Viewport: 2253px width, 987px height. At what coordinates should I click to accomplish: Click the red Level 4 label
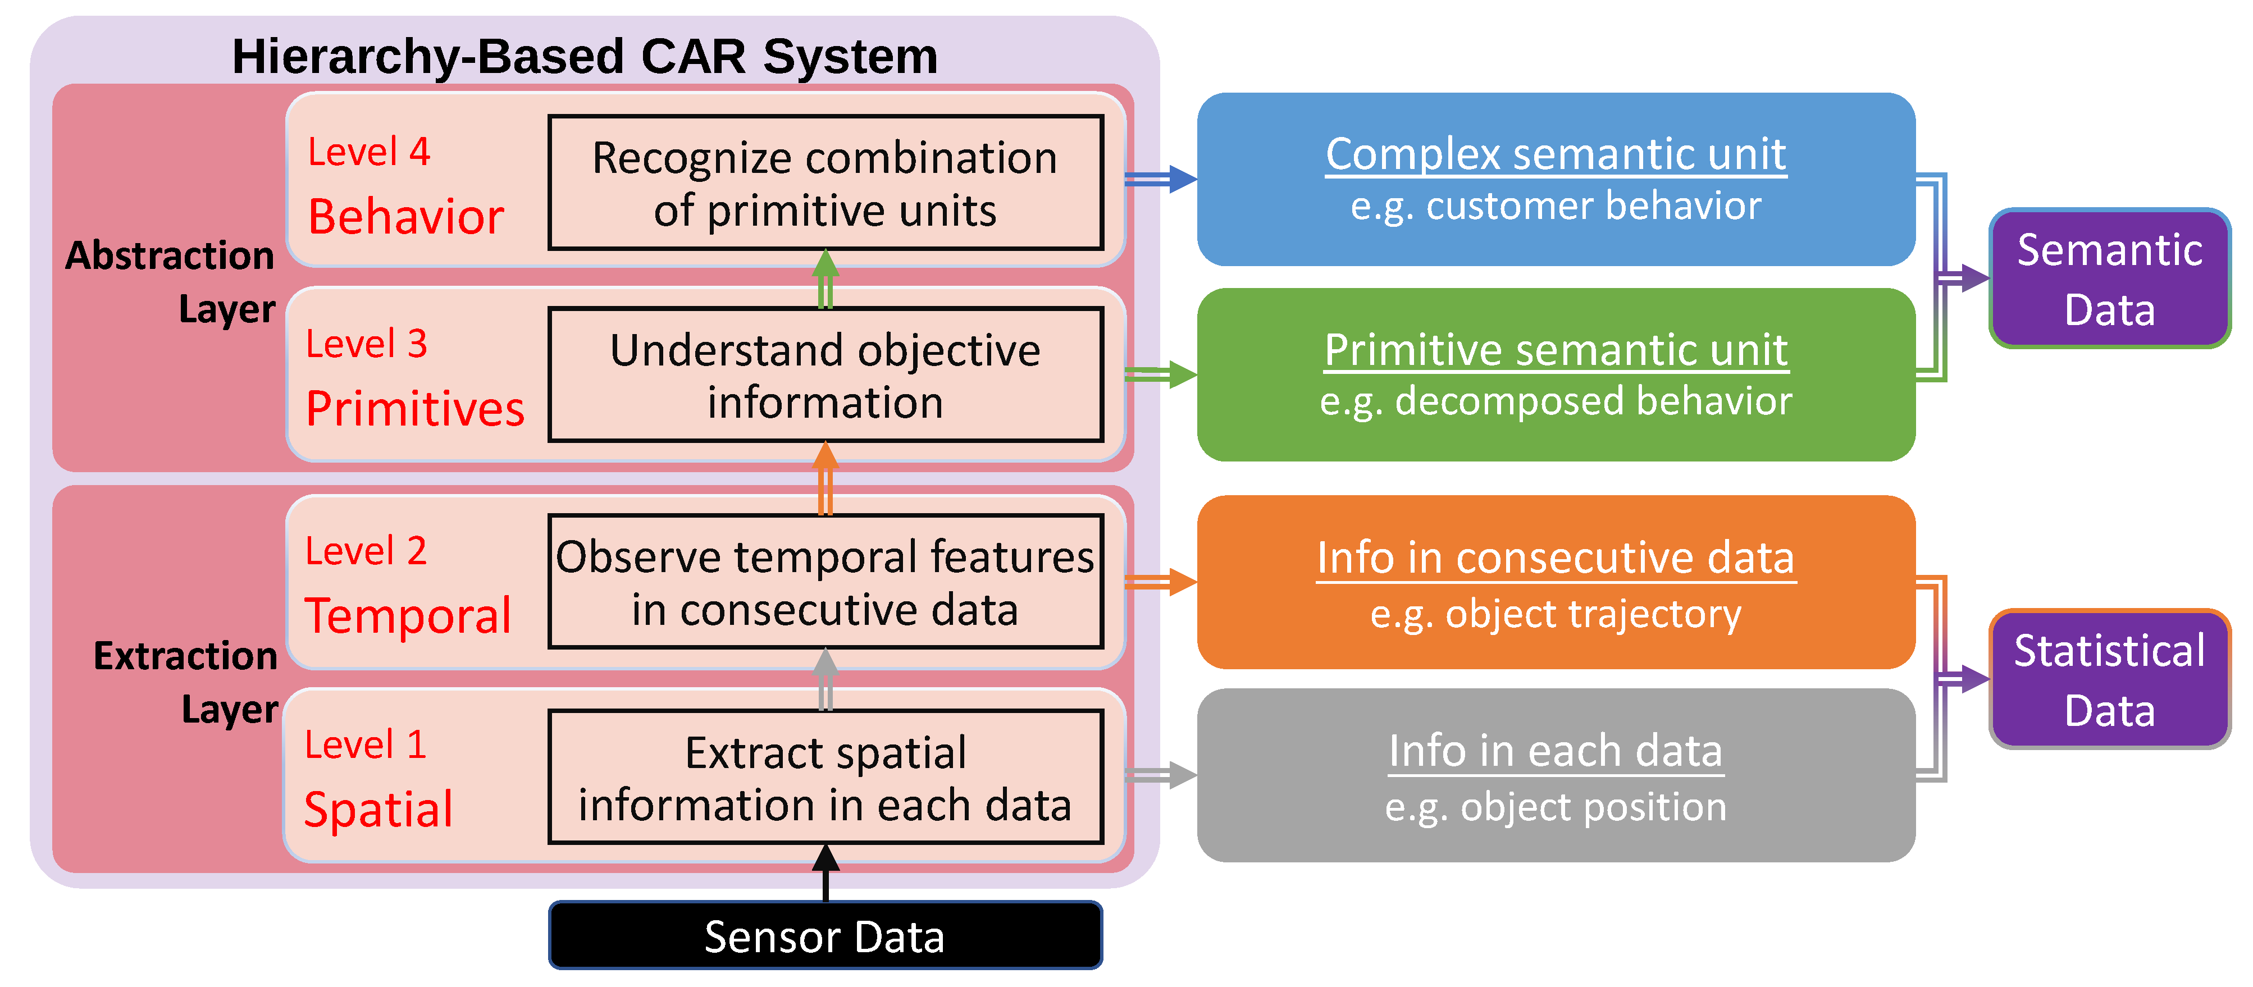pos(368,152)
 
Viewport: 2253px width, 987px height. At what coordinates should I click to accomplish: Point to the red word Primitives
pos(414,408)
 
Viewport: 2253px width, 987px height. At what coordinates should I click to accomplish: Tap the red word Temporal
pos(408,615)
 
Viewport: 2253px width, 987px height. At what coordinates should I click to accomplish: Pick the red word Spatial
pos(378,808)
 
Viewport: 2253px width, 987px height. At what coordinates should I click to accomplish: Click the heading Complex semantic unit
pos(1555,155)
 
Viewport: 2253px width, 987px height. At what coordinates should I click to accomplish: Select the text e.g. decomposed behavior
pos(1555,401)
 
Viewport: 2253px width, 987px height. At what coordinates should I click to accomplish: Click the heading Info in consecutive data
pos(1555,558)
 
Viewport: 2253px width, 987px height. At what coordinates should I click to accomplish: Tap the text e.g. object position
pos(1555,807)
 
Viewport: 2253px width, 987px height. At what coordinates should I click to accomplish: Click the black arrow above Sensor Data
pos(826,872)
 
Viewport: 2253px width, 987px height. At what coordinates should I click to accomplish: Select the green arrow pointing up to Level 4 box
pos(826,278)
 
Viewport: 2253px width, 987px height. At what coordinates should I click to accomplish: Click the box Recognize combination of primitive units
pos(825,184)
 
